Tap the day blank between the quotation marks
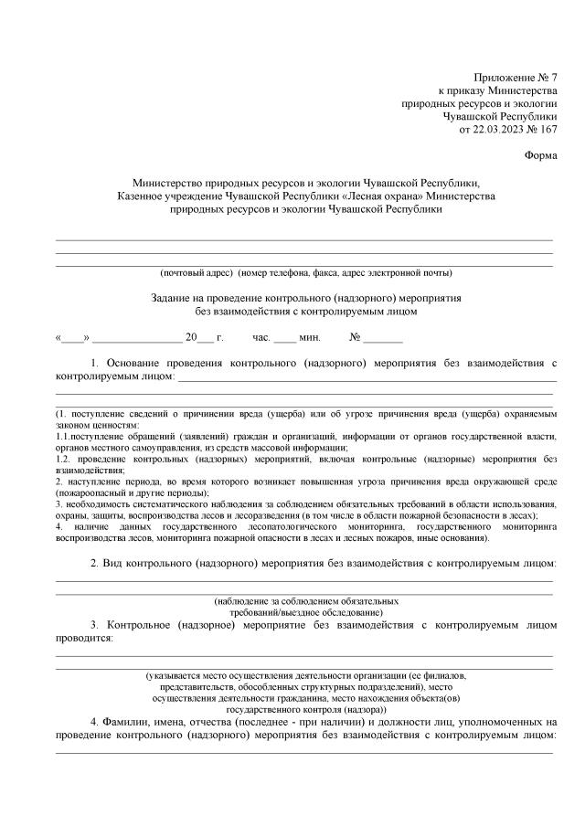pyautogui.click(x=73, y=337)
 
